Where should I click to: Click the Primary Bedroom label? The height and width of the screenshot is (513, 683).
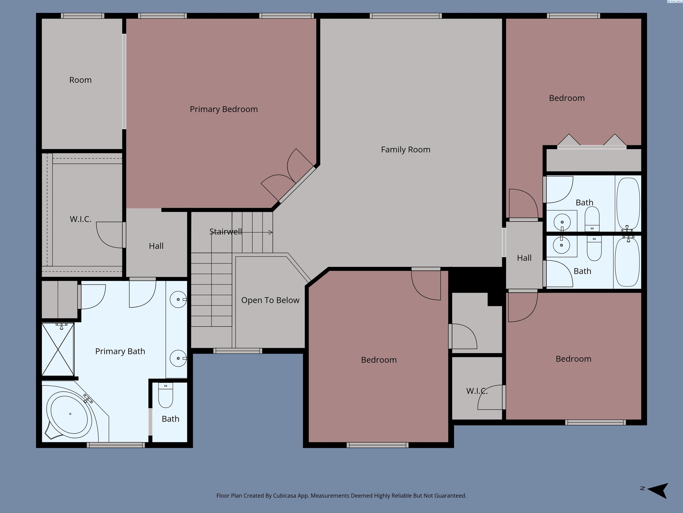[x=223, y=109]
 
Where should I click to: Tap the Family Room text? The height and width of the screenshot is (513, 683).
[x=405, y=150]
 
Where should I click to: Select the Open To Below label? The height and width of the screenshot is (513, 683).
[x=270, y=300]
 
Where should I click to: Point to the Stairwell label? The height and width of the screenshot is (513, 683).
[x=225, y=232]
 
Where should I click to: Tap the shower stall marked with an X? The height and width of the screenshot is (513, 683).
[x=58, y=349]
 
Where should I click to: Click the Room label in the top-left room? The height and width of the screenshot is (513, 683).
[x=80, y=80]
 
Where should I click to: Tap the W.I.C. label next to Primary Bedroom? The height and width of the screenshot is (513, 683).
[x=80, y=219]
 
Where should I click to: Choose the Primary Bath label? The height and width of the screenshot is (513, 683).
[x=120, y=351]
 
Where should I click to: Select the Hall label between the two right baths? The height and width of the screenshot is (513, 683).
[x=524, y=258]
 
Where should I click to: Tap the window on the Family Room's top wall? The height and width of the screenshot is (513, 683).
[x=406, y=16]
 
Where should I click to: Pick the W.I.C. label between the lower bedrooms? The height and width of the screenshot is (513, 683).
[x=477, y=391]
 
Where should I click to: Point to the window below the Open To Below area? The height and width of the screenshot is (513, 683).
[x=237, y=351]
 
